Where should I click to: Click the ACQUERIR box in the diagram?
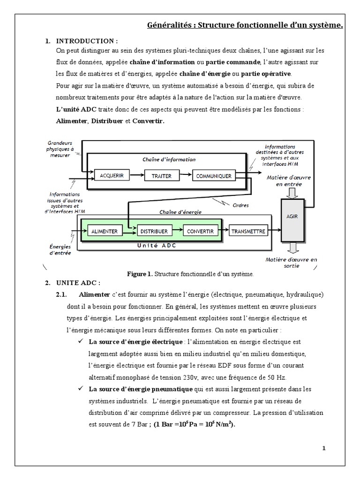112,176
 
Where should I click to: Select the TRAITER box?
161,176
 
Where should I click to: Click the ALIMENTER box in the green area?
104,231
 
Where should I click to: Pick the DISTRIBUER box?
154,231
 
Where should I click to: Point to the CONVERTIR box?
200,231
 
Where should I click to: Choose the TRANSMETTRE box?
248,231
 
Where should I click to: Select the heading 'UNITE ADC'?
78,283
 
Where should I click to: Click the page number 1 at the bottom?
323,448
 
